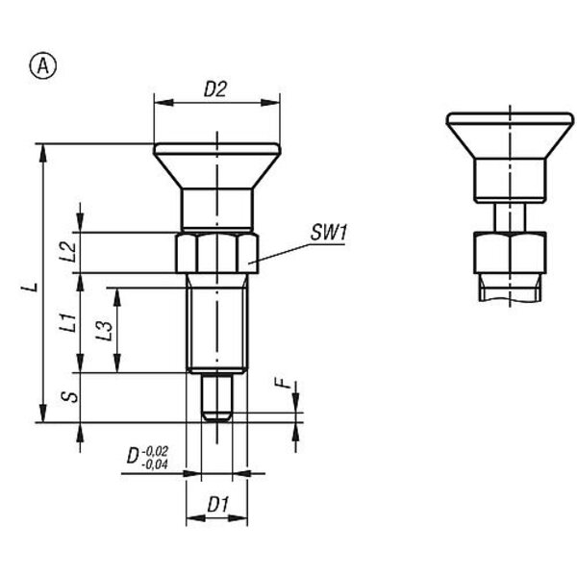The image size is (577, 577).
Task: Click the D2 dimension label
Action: pos(215,89)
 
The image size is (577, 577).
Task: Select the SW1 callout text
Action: pos(329,233)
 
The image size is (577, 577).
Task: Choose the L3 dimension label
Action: pos(104,331)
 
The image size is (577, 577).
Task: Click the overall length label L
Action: pos(31,287)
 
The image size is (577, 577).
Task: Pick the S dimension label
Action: pos(71,396)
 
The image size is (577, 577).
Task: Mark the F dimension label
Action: pos(285,385)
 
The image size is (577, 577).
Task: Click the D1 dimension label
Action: pos(218,505)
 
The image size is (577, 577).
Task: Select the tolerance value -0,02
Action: pos(155,452)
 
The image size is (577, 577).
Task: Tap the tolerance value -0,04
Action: pos(155,464)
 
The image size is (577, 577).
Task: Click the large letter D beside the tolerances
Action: pos(134,456)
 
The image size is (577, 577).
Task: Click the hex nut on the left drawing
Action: pos(217,252)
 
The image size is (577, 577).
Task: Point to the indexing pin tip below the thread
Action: pos(217,396)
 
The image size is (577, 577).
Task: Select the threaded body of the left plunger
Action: pos(217,323)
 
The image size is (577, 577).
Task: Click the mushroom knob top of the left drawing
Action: pos(217,166)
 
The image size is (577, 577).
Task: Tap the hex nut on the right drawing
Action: pos(510,252)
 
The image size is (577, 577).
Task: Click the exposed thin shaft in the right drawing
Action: pos(510,217)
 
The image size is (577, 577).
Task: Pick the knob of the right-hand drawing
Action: pos(510,158)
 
